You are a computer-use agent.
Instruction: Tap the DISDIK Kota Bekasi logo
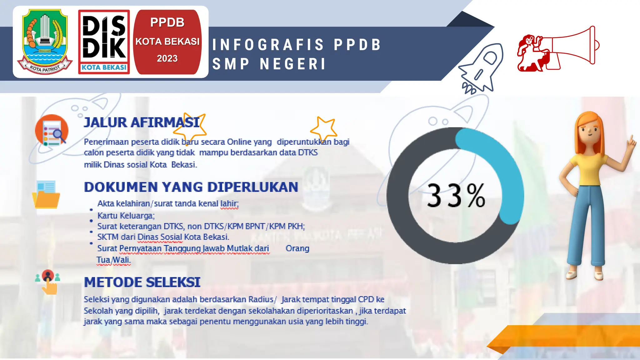(x=104, y=42)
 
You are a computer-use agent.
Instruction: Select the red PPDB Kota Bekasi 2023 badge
(x=167, y=42)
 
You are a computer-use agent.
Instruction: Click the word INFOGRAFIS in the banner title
(x=268, y=45)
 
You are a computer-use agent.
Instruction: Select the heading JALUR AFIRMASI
(x=142, y=122)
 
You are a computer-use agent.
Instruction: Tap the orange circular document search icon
(x=52, y=131)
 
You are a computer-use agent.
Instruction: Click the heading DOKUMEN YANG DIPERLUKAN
(x=191, y=187)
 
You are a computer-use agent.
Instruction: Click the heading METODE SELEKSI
(x=142, y=282)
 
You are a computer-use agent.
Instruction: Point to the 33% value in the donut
(x=456, y=196)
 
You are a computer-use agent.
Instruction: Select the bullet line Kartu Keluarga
(x=126, y=216)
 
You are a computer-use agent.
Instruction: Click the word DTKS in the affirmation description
(x=307, y=152)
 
